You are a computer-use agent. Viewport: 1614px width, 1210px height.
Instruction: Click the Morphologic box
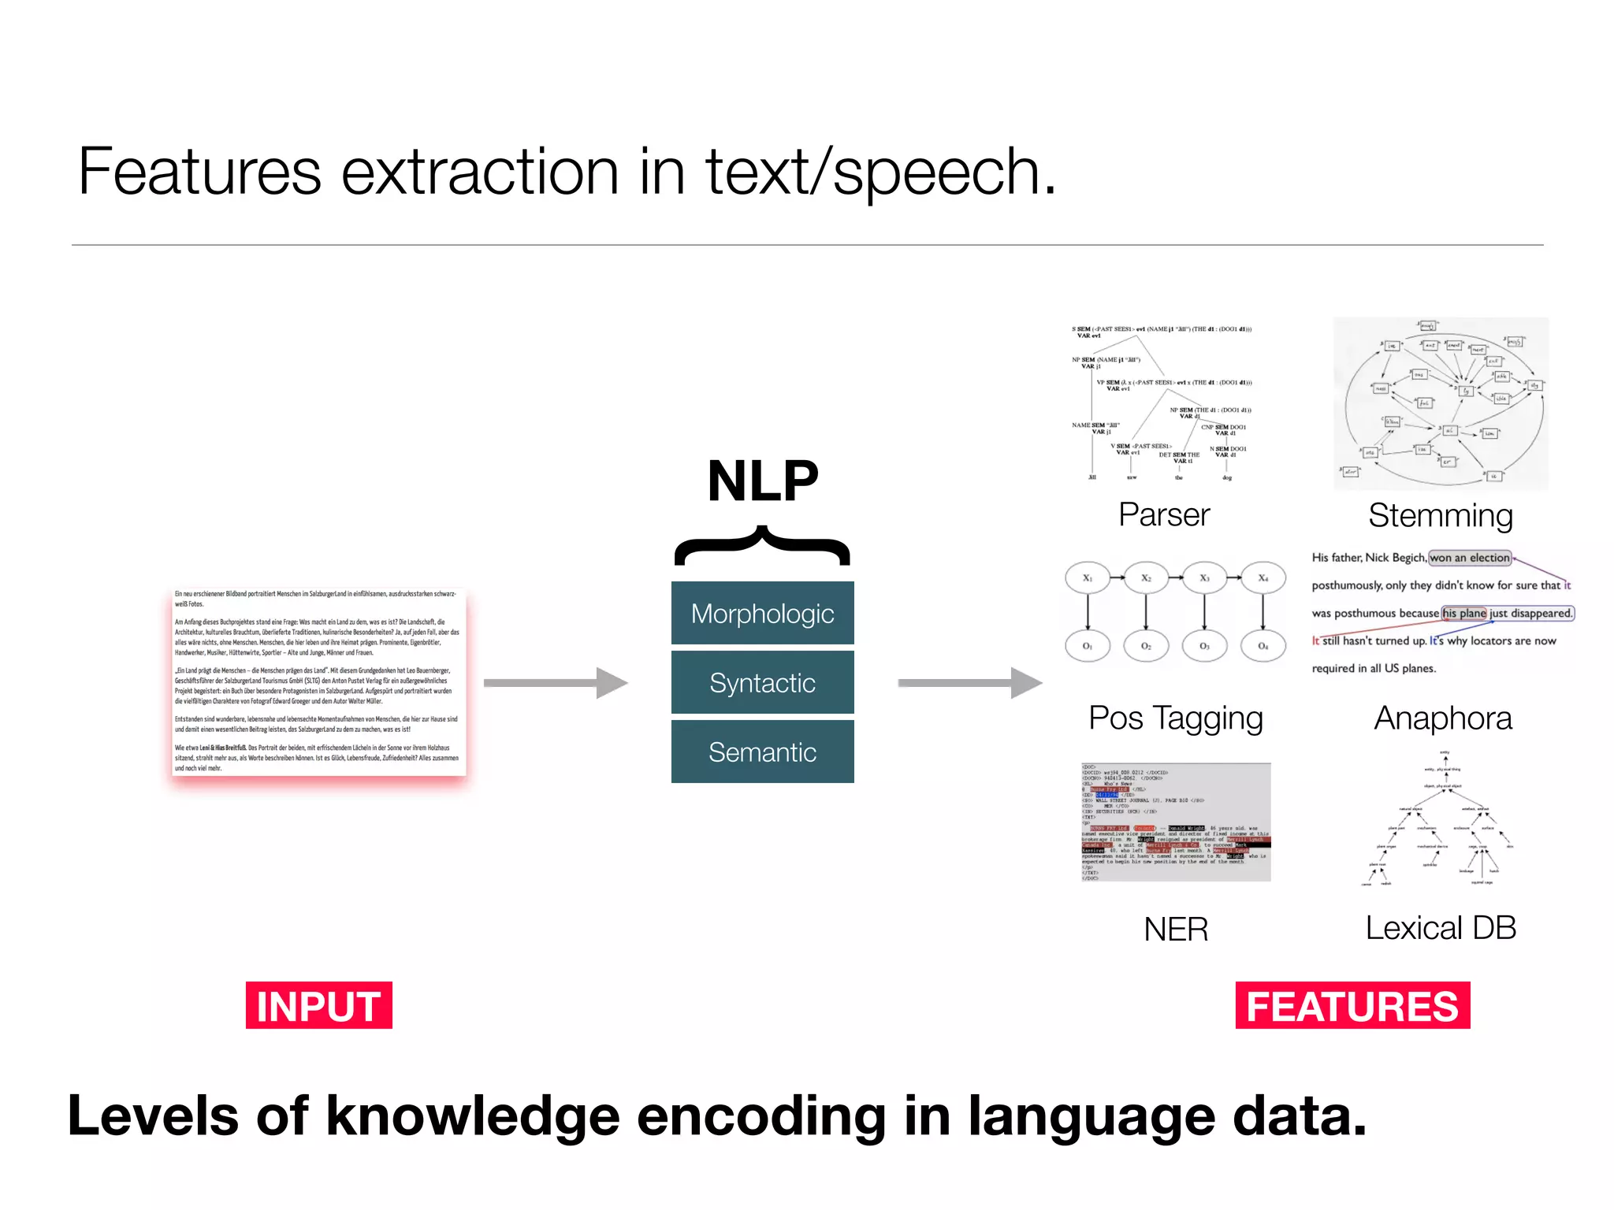click(x=762, y=613)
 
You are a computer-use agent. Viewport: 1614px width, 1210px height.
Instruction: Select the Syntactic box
click(x=762, y=682)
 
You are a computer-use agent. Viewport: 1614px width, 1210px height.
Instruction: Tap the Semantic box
click(x=762, y=752)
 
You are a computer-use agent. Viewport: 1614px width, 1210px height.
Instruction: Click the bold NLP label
click(x=762, y=481)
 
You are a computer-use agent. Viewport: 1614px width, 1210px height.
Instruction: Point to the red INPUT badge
click(x=318, y=1005)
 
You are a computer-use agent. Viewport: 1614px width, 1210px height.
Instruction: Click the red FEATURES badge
click(x=1352, y=1005)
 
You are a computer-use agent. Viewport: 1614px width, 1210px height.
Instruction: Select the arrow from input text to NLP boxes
click(x=555, y=682)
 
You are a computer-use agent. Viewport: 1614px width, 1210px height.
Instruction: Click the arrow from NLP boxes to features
click(x=969, y=682)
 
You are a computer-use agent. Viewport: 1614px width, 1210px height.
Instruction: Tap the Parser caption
click(x=1164, y=514)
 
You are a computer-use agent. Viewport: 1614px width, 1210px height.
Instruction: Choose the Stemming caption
click(x=1441, y=515)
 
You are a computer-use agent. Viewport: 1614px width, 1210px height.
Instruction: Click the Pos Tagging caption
click(x=1176, y=718)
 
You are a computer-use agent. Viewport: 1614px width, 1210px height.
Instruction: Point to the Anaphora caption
click(x=1443, y=718)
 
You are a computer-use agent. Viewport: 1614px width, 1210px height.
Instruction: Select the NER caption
click(x=1176, y=929)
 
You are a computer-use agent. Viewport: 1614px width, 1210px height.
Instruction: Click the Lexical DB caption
click(x=1441, y=927)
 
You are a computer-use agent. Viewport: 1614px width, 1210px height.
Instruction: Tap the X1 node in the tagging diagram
click(x=1088, y=578)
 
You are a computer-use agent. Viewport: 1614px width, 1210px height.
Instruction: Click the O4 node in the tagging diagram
click(x=1263, y=646)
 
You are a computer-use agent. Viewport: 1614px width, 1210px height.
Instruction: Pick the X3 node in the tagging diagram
click(x=1204, y=578)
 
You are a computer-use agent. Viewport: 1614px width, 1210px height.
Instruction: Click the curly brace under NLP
click(x=762, y=545)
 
